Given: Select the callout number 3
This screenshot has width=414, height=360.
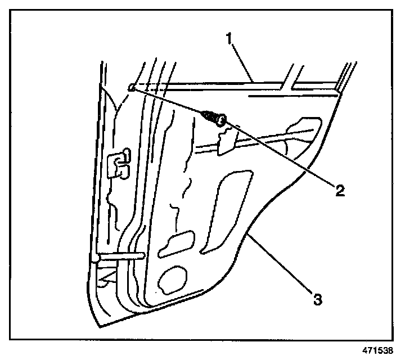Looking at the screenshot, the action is (318, 299).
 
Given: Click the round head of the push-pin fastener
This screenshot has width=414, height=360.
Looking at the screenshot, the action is (222, 119).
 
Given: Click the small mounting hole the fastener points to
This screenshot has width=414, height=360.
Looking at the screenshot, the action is (131, 88).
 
